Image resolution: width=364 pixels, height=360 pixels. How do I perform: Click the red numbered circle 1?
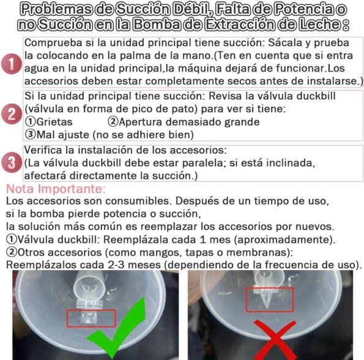pos(12,64)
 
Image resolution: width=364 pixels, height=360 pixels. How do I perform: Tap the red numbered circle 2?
pos(12,114)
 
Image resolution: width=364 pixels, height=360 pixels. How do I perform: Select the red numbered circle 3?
pos(12,162)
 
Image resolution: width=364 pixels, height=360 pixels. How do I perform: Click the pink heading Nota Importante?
pos(56,189)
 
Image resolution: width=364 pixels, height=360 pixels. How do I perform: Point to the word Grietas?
pos(54,122)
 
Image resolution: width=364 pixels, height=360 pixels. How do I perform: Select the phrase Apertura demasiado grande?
pos(189,122)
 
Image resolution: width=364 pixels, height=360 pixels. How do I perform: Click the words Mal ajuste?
pos(63,135)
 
